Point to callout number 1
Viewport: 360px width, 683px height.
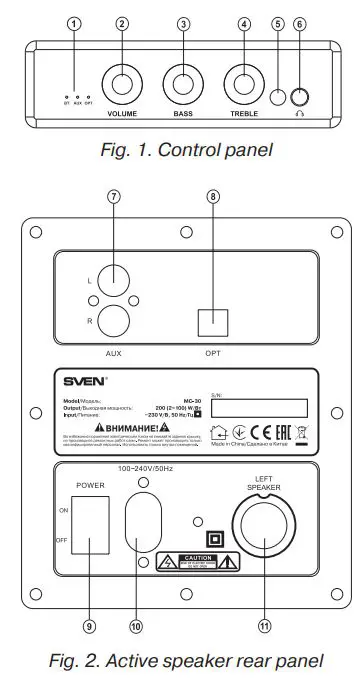(x=71, y=23)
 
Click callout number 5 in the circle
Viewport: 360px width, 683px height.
(x=277, y=23)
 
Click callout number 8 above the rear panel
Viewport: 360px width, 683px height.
(x=212, y=197)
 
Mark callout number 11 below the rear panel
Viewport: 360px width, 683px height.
(x=264, y=625)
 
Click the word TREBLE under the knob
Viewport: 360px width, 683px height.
(x=244, y=115)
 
